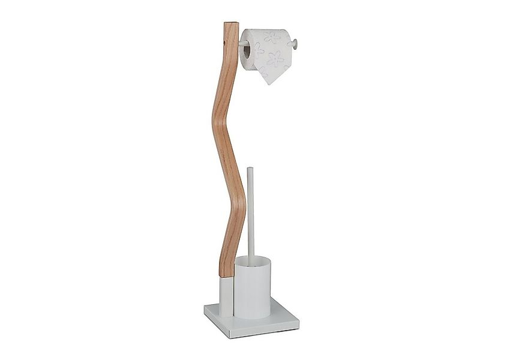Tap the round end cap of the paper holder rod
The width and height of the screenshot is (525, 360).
pos(295,43)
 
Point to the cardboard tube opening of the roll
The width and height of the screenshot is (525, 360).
pos(246,52)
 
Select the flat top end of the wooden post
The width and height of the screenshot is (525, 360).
pos(231,23)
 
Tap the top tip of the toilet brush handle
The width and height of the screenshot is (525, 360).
pos(250,169)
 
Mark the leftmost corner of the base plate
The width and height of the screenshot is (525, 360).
pos(205,307)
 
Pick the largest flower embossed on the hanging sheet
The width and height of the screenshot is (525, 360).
pos(275,59)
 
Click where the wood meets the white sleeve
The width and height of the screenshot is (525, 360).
pos(226,277)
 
